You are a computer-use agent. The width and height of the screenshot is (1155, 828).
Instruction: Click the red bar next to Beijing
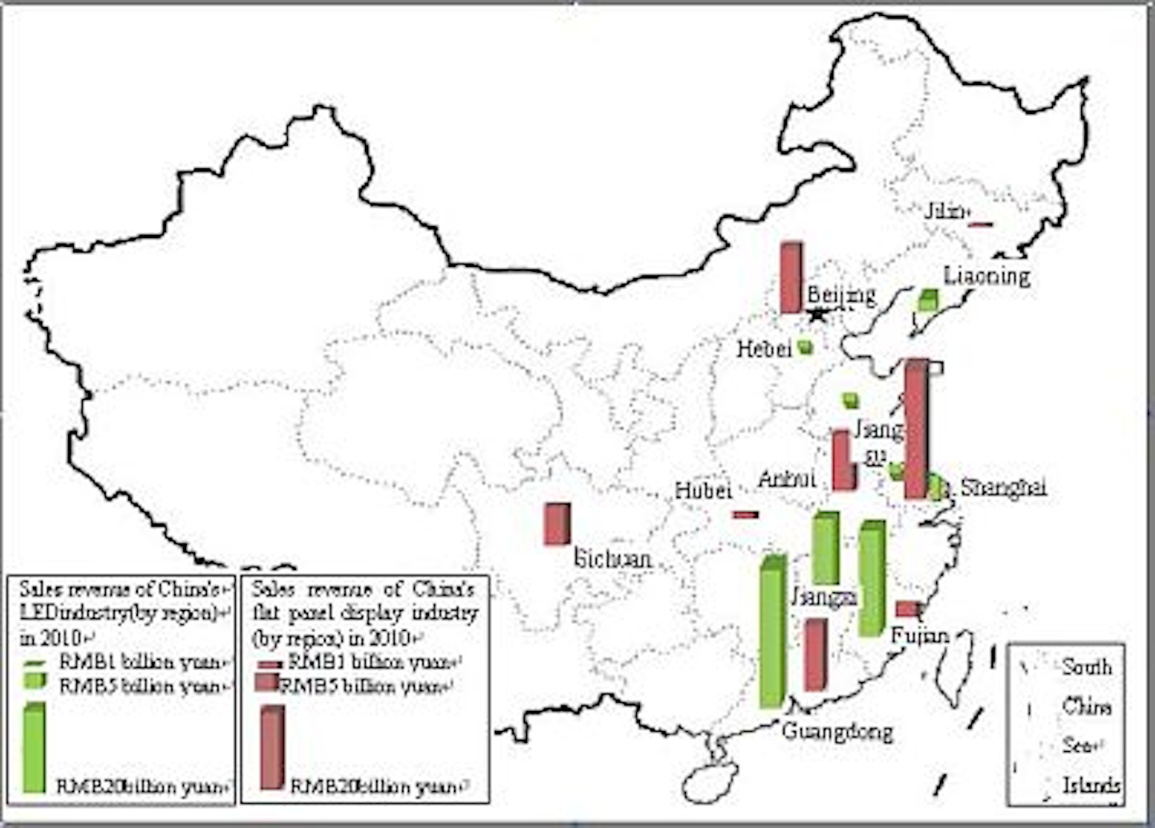(x=791, y=277)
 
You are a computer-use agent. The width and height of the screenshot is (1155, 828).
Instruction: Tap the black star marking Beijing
(x=817, y=314)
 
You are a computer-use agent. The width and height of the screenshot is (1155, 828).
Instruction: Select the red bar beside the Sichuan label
(x=557, y=523)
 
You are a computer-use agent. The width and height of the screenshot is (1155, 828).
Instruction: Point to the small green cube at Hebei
(x=805, y=347)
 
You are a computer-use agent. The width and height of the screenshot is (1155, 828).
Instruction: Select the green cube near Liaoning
(x=929, y=301)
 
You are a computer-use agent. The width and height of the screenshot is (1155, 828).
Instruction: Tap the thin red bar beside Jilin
(x=981, y=224)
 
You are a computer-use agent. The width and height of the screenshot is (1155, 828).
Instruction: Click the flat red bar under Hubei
(x=745, y=515)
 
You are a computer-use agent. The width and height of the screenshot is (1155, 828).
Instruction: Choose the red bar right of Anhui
(x=842, y=461)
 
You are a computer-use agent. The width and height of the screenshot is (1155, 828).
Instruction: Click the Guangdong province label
(x=837, y=731)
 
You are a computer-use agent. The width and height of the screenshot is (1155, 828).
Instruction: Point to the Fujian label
(x=920, y=636)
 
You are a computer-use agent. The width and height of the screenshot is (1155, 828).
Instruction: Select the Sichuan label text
(x=613, y=559)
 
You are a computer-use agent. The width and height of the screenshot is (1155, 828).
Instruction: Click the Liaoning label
(x=987, y=277)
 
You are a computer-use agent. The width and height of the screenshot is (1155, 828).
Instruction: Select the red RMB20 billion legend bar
(x=272, y=747)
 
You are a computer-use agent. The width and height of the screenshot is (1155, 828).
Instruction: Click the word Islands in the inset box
(x=1092, y=785)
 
